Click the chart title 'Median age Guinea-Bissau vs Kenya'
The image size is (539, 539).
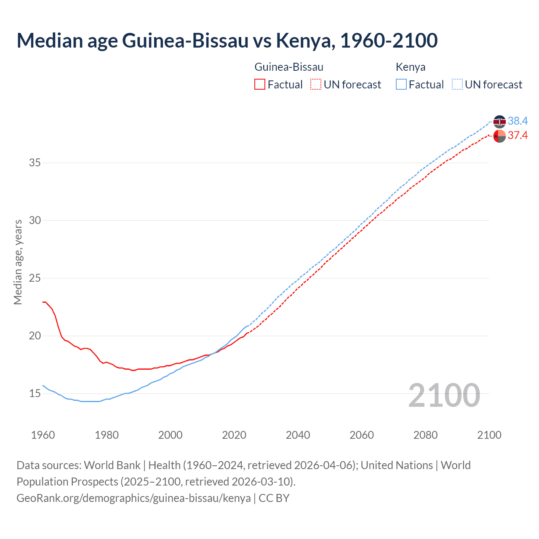coord(227,40)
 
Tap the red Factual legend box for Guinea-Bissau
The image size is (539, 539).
coord(260,84)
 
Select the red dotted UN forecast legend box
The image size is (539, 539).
coord(316,84)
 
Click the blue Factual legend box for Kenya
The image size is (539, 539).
coord(401,84)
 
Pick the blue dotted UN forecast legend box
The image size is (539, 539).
coord(457,84)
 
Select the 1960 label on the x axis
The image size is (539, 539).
coord(43,435)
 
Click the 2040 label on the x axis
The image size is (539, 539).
coord(298,435)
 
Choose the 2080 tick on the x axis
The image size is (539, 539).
coord(425,435)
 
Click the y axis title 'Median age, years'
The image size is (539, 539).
coord(18,262)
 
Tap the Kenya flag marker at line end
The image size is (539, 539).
coord(499,122)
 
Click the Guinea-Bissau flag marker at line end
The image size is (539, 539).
coord(499,136)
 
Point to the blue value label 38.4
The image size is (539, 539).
coord(518,121)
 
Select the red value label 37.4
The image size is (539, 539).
coord(518,135)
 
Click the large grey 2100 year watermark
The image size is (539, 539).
coord(444,395)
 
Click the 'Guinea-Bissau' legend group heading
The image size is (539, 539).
coord(289,67)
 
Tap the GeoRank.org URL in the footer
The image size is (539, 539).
coord(133,498)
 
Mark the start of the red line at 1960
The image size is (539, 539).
coord(43,302)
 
